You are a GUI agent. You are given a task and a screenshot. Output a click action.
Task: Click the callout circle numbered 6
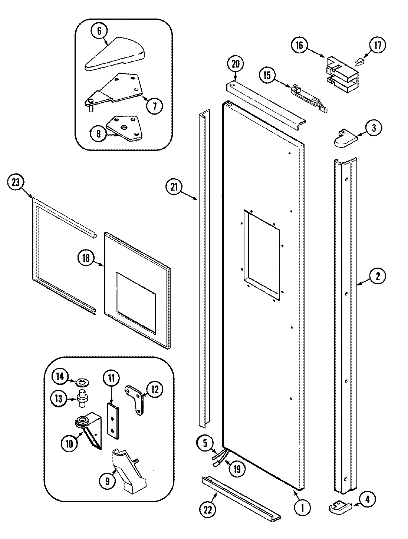[x=99, y=32]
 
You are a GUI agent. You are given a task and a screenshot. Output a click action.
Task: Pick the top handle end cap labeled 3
[x=345, y=138]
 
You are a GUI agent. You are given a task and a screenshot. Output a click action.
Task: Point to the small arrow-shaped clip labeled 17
[x=359, y=62]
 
